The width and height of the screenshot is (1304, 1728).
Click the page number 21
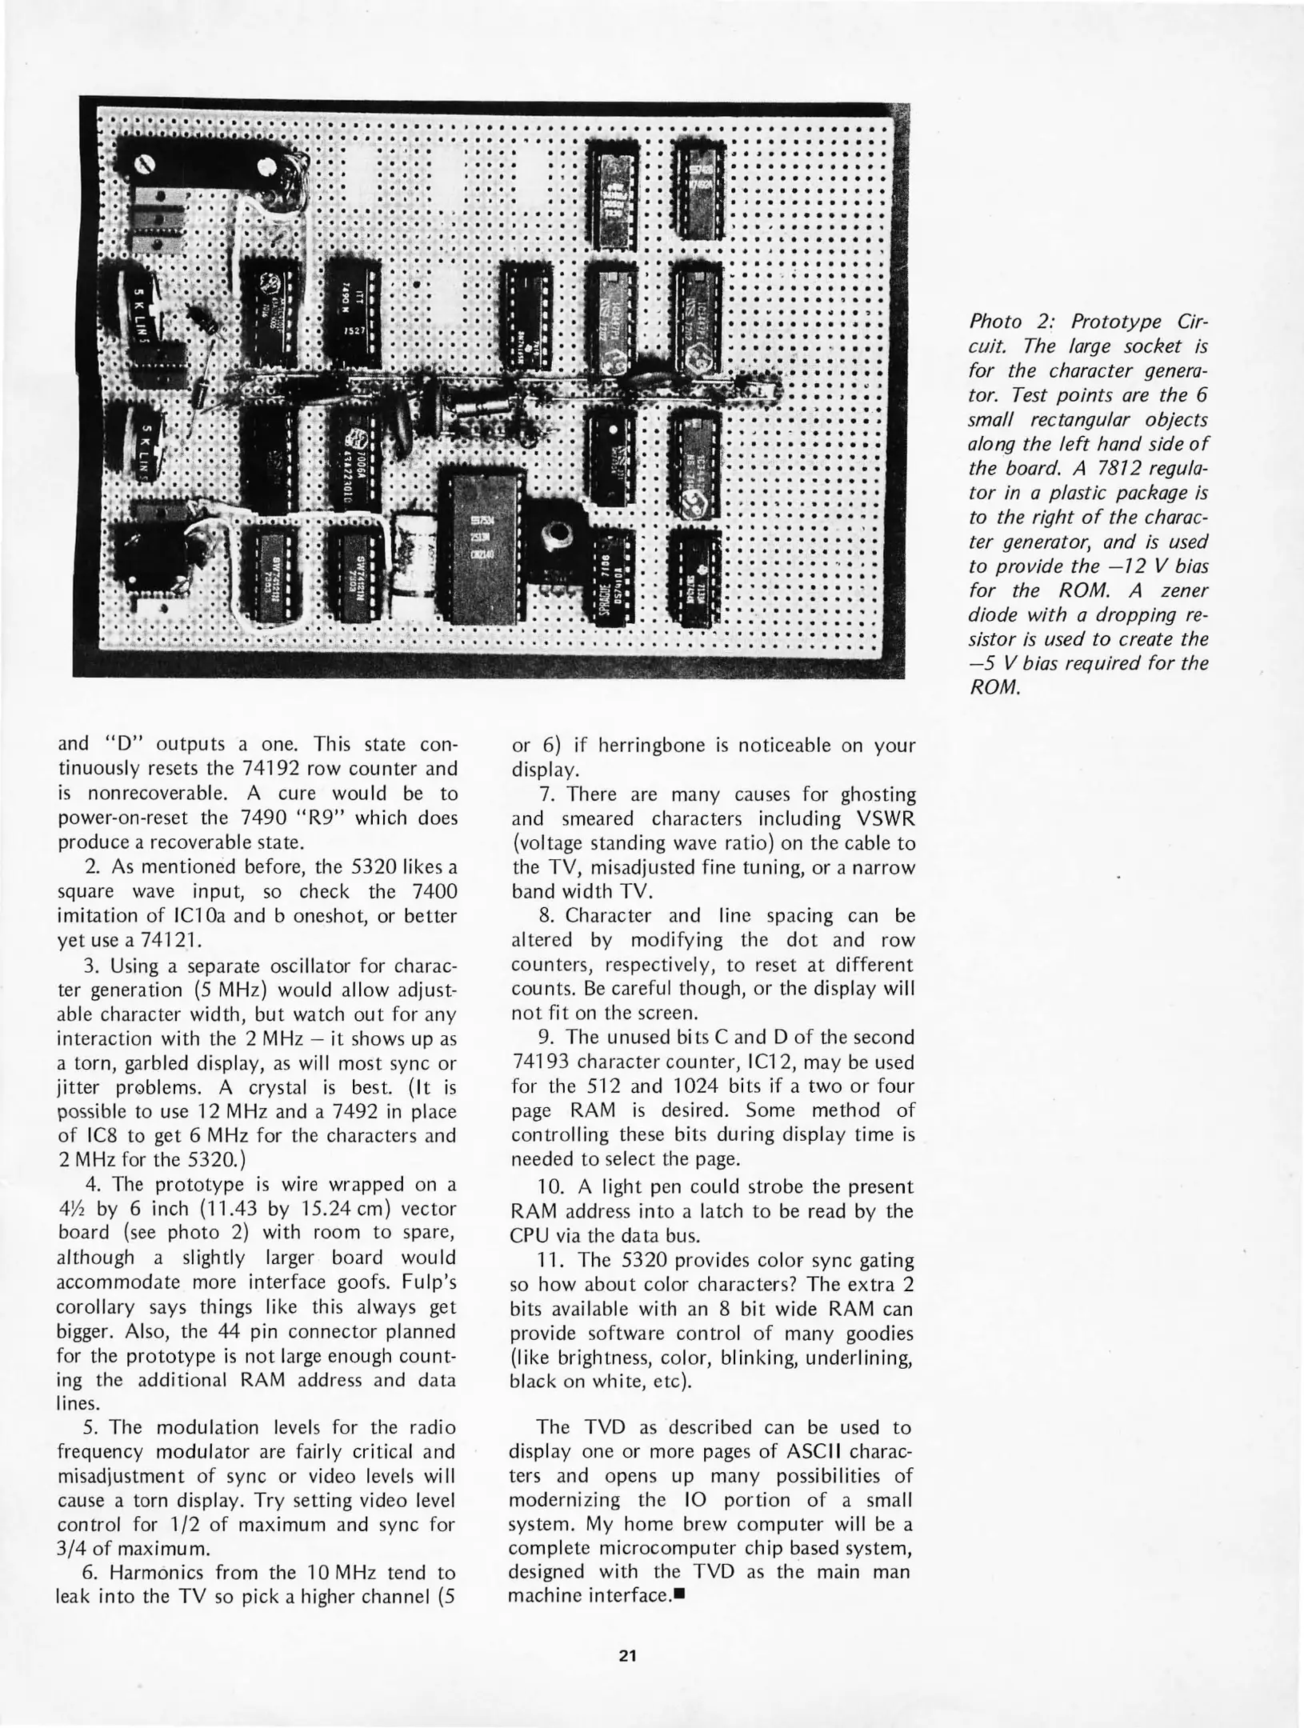tap(627, 1655)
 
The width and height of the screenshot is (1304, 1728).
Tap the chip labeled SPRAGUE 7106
tap(610, 576)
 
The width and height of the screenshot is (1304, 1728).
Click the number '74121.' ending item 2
tap(163, 940)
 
